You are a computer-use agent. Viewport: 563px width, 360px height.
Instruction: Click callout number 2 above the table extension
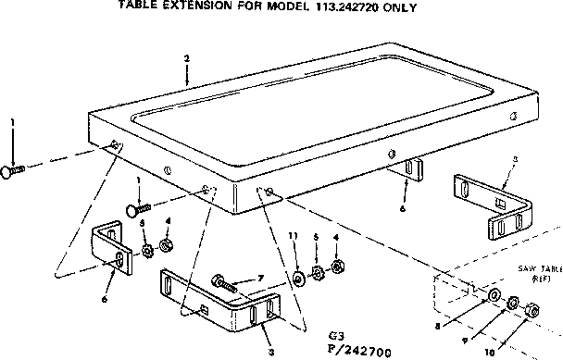(187, 58)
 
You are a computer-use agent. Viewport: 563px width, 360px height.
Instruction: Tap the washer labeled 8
(493, 295)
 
